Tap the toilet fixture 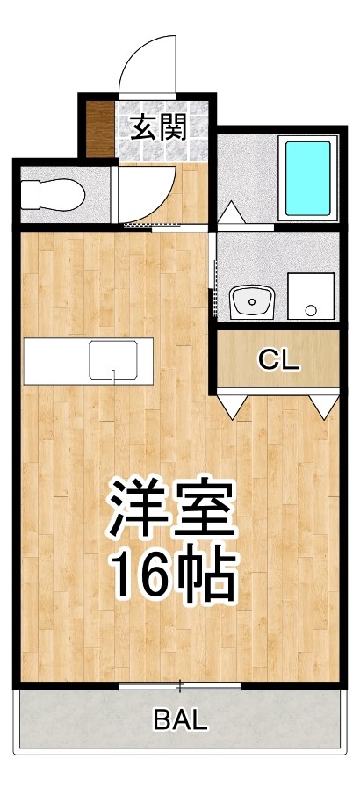pos(51,192)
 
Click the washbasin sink pos(253,303)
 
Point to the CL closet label pos(278,358)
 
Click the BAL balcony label pos(181,721)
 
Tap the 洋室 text pos(172,510)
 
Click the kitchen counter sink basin pos(113,361)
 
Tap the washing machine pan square pos(311,297)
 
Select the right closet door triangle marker pos(323,406)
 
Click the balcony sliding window pos(180,685)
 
